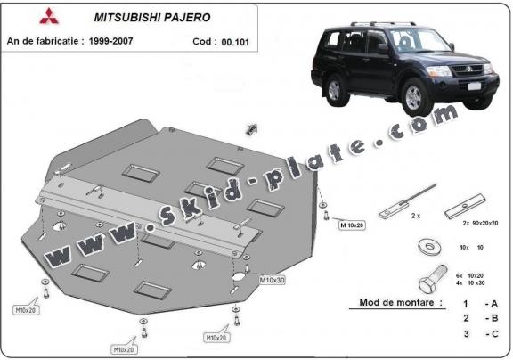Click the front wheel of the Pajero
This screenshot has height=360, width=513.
point(414,94)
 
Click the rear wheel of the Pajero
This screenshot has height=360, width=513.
point(337,89)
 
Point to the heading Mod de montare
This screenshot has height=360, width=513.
point(400,303)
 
